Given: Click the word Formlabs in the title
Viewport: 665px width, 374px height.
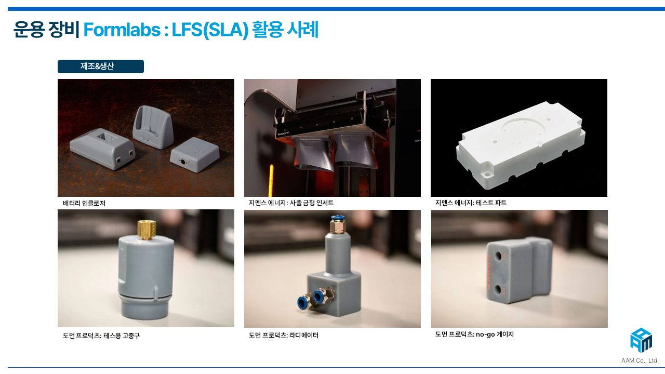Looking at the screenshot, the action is coord(122,30).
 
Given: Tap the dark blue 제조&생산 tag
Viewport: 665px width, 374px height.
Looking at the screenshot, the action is coord(101,66).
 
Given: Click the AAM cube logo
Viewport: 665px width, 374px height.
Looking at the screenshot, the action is coord(641,340).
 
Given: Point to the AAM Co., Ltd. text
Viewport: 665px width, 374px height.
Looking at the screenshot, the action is coord(640,360).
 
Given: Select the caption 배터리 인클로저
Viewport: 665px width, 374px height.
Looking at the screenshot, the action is coord(84,203).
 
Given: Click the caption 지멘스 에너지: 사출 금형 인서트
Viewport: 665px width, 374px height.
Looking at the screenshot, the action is coord(291,203).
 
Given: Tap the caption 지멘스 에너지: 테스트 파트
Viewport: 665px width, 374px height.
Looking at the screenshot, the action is coord(471,203).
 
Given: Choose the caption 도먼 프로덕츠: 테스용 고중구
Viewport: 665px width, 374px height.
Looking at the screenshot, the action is coord(101,336).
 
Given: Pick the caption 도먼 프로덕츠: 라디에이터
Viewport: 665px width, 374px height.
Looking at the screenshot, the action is coord(284,335).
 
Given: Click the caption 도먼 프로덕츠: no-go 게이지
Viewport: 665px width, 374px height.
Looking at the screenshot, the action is coord(474,334).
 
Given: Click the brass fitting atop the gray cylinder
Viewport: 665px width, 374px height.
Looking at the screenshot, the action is coord(147,230).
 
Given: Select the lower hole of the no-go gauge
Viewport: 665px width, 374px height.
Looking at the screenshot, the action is coord(497,289).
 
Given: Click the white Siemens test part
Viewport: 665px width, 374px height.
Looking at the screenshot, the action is coord(521,145).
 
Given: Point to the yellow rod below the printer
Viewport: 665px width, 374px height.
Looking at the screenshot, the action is coord(271,180).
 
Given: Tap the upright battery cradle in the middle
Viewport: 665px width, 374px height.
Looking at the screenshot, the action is coord(152,127).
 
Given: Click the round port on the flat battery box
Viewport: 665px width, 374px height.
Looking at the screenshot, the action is coord(182,162).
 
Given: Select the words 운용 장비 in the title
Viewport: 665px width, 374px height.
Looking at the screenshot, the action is coord(46,30).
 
